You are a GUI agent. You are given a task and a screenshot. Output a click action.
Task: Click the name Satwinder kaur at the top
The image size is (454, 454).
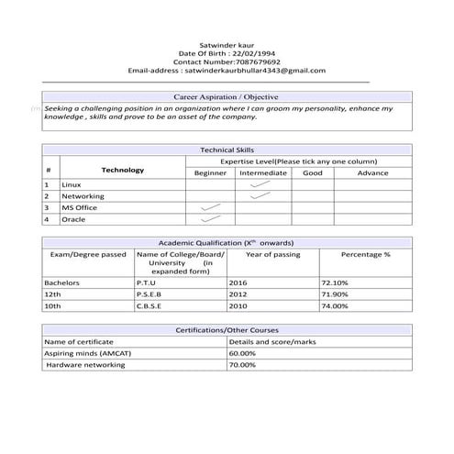coord(226,43)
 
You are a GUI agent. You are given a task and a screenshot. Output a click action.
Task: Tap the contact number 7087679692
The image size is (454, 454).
coord(256,61)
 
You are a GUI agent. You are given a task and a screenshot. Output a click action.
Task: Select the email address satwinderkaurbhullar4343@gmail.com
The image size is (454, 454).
coord(255,70)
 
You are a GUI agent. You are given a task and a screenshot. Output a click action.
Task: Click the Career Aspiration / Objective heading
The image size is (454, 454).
coord(226,96)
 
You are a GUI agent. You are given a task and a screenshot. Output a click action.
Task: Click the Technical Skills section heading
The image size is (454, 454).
coord(226,149)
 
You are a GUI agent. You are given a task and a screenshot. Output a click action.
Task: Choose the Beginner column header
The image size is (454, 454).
coord(210,172)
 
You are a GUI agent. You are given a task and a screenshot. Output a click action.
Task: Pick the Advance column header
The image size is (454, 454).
coord(372,172)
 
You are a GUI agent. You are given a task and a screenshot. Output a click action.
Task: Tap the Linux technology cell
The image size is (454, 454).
coord(72,184)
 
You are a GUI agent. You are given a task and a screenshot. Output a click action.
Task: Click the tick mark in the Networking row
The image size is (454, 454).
coord(260,195)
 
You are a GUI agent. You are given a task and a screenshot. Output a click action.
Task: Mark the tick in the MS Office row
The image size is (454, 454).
coord(211,207)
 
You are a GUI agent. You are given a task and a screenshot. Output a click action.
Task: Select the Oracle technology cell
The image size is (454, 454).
coord(73,219)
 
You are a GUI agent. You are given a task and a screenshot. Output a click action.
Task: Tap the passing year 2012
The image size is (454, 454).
coord(238,294)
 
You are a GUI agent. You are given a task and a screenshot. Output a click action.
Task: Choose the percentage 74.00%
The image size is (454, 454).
coord(334,305)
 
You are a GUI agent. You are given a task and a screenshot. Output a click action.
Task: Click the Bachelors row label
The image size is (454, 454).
coord(62,282)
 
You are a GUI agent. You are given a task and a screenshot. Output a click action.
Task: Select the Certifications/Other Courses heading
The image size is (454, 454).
coord(226,328)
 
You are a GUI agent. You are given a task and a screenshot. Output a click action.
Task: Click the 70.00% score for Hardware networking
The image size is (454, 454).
coord(242,364)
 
